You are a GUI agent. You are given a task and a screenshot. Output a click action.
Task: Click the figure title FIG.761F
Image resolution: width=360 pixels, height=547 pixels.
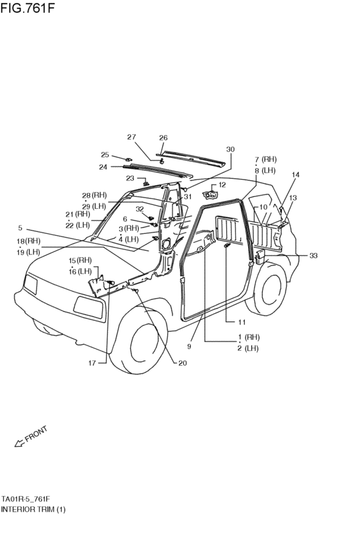(x=28, y=8)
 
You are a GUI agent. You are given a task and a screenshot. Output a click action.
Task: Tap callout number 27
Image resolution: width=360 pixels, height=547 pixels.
(x=132, y=137)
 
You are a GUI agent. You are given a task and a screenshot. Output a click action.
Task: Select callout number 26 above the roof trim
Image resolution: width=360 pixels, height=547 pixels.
(x=163, y=138)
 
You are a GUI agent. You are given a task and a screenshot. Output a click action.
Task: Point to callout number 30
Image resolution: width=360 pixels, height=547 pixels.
(x=230, y=149)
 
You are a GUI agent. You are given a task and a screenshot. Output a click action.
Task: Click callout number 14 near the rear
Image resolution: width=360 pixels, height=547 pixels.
(x=296, y=175)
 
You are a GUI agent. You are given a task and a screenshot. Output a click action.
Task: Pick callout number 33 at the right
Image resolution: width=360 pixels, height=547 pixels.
(x=313, y=256)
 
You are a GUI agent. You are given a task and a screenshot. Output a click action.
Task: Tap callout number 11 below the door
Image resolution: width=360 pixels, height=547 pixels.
(x=242, y=322)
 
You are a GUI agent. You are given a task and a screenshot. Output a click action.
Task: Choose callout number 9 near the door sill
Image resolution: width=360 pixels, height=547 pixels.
(x=189, y=346)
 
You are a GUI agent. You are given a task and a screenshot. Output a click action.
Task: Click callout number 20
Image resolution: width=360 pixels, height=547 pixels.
(x=183, y=363)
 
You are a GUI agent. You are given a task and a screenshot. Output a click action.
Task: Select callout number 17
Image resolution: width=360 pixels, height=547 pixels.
(x=92, y=363)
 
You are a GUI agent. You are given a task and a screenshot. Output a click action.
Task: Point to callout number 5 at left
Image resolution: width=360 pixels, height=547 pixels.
(x=20, y=228)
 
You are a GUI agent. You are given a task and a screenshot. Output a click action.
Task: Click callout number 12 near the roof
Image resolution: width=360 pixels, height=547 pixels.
(x=222, y=184)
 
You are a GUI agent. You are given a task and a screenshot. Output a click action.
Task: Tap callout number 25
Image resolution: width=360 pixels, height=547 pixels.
(x=105, y=155)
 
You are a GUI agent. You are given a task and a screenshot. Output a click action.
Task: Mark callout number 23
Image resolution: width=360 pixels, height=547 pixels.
(x=130, y=178)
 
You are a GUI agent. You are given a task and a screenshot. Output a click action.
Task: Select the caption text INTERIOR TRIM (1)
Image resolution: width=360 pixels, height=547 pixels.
(x=33, y=509)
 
